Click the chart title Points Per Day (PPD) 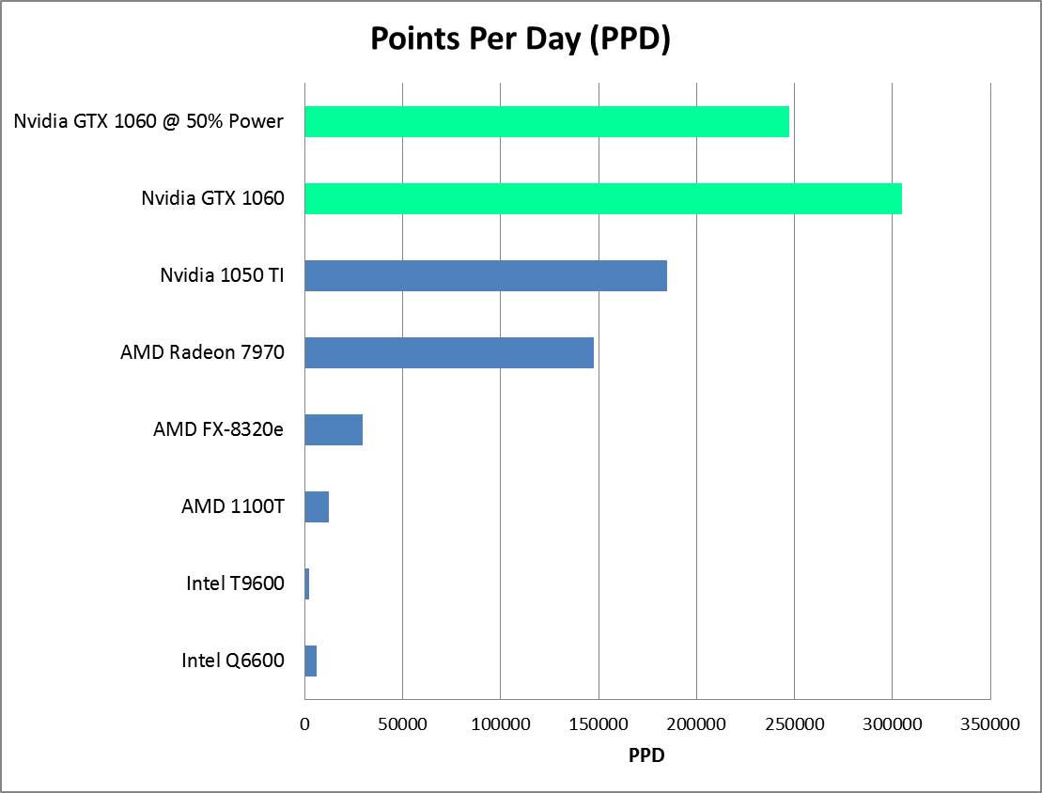pyautogui.click(x=520, y=39)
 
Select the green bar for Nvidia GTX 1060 pyautogui.click(x=602, y=198)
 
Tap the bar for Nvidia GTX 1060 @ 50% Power pyautogui.click(x=546, y=121)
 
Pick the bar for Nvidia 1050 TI pyautogui.click(x=485, y=275)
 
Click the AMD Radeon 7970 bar pyautogui.click(x=448, y=352)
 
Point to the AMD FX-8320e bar pyautogui.click(x=334, y=429)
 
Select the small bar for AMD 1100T pyautogui.click(x=317, y=506)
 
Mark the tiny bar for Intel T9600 pyautogui.click(x=307, y=583)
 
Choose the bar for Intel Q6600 pyautogui.click(x=311, y=661)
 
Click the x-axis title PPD pyautogui.click(x=646, y=754)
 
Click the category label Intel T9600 pyautogui.click(x=235, y=583)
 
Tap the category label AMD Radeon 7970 pyautogui.click(x=202, y=352)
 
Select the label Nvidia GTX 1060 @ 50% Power pyautogui.click(x=148, y=121)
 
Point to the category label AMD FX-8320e pyautogui.click(x=218, y=429)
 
